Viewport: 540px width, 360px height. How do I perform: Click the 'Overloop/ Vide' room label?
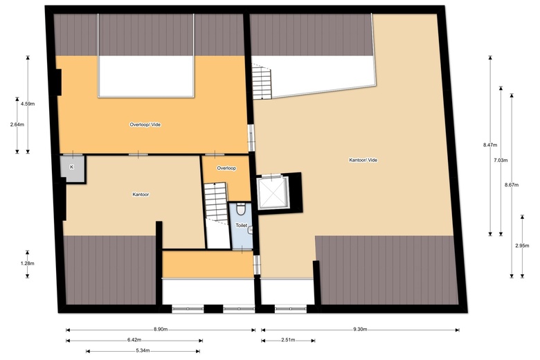(x=150, y=125)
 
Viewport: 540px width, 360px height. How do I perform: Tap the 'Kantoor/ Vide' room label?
(x=363, y=160)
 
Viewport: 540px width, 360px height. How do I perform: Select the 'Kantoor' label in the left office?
(x=141, y=195)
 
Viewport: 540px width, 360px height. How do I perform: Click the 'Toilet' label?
(x=241, y=226)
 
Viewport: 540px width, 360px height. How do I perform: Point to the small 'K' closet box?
(x=72, y=168)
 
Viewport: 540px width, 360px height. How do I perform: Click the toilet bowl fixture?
(x=240, y=209)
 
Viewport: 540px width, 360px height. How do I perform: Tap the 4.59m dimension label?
(x=28, y=104)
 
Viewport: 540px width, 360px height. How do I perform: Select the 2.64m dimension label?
(x=17, y=125)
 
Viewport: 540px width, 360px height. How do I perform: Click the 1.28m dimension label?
(x=28, y=263)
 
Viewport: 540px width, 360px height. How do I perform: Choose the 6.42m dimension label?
(x=134, y=340)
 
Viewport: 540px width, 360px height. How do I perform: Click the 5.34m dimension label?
(x=143, y=351)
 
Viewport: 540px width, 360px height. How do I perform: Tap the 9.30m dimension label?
(x=359, y=329)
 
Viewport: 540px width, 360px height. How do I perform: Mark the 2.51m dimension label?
(x=288, y=340)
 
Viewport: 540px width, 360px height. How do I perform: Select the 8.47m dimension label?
(x=489, y=145)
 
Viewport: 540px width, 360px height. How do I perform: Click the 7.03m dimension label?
(x=500, y=160)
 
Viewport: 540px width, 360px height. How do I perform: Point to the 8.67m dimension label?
(x=511, y=184)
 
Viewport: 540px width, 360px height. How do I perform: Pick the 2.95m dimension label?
(x=521, y=245)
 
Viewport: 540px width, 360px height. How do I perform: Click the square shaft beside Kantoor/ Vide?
(x=271, y=192)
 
